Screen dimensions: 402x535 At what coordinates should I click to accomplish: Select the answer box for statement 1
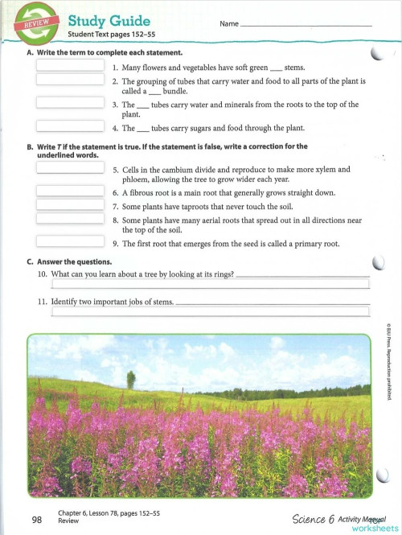[70, 67]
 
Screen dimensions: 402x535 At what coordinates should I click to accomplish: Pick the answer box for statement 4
[70, 126]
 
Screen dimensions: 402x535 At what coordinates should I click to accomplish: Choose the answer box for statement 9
[70, 241]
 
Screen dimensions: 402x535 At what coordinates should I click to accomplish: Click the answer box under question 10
[210, 284]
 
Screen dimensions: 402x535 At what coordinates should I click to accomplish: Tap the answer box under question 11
[210, 311]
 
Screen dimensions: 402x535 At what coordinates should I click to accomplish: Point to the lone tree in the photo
[130, 379]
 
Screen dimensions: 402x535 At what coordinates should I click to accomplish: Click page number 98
[37, 520]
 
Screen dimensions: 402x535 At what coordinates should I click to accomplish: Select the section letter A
[30, 52]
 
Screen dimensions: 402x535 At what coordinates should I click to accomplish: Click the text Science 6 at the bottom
[314, 519]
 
